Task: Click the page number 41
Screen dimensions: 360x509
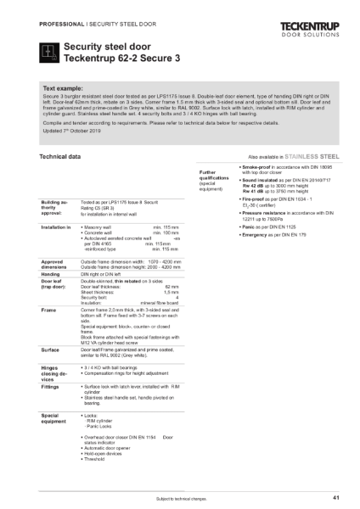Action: pyautogui.click(x=336, y=497)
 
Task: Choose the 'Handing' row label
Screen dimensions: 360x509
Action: pyautogui.click(x=50, y=275)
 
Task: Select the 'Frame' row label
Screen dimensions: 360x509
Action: pyautogui.click(x=48, y=311)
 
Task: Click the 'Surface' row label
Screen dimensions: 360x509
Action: pyautogui.click(x=49, y=349)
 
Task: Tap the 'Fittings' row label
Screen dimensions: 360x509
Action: pyautogui.click(x=50, y=389)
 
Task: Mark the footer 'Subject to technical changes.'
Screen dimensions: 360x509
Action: pyautogui.click(x=180, y=497)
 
